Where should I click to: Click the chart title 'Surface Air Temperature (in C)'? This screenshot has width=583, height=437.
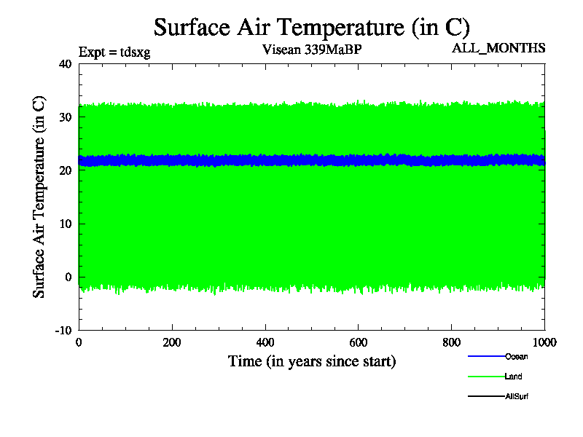coord(312,28)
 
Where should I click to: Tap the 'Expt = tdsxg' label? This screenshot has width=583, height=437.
coord(114,52)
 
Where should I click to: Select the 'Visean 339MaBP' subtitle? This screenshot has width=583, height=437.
coord(311,50)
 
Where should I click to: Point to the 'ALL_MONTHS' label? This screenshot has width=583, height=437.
coord(498,48)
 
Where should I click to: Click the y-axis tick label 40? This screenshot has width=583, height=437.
coord(65,63)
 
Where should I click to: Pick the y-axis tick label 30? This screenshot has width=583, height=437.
coord(65,117)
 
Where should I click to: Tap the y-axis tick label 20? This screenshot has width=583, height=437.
coord(65,170)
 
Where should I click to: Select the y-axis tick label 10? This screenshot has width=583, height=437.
coord(65,224)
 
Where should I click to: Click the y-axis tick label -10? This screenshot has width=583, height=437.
coord(63,330)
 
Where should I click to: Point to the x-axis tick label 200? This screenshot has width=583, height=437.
coord(172,343)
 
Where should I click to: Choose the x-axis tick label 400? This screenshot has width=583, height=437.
coord(265,343)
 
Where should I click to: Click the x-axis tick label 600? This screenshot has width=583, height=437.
coord(359,343)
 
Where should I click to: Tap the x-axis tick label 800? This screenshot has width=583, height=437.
coord(452,343)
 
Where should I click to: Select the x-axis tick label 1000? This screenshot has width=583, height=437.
coord(544,343)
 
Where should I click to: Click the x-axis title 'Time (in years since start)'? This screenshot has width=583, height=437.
coord(312,361)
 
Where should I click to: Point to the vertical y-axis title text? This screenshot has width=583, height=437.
coord(40,197)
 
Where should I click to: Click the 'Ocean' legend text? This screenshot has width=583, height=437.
coord(516,356)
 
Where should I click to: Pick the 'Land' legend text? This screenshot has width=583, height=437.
coord(513,377)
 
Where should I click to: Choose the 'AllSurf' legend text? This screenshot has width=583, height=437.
coord(517,397)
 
